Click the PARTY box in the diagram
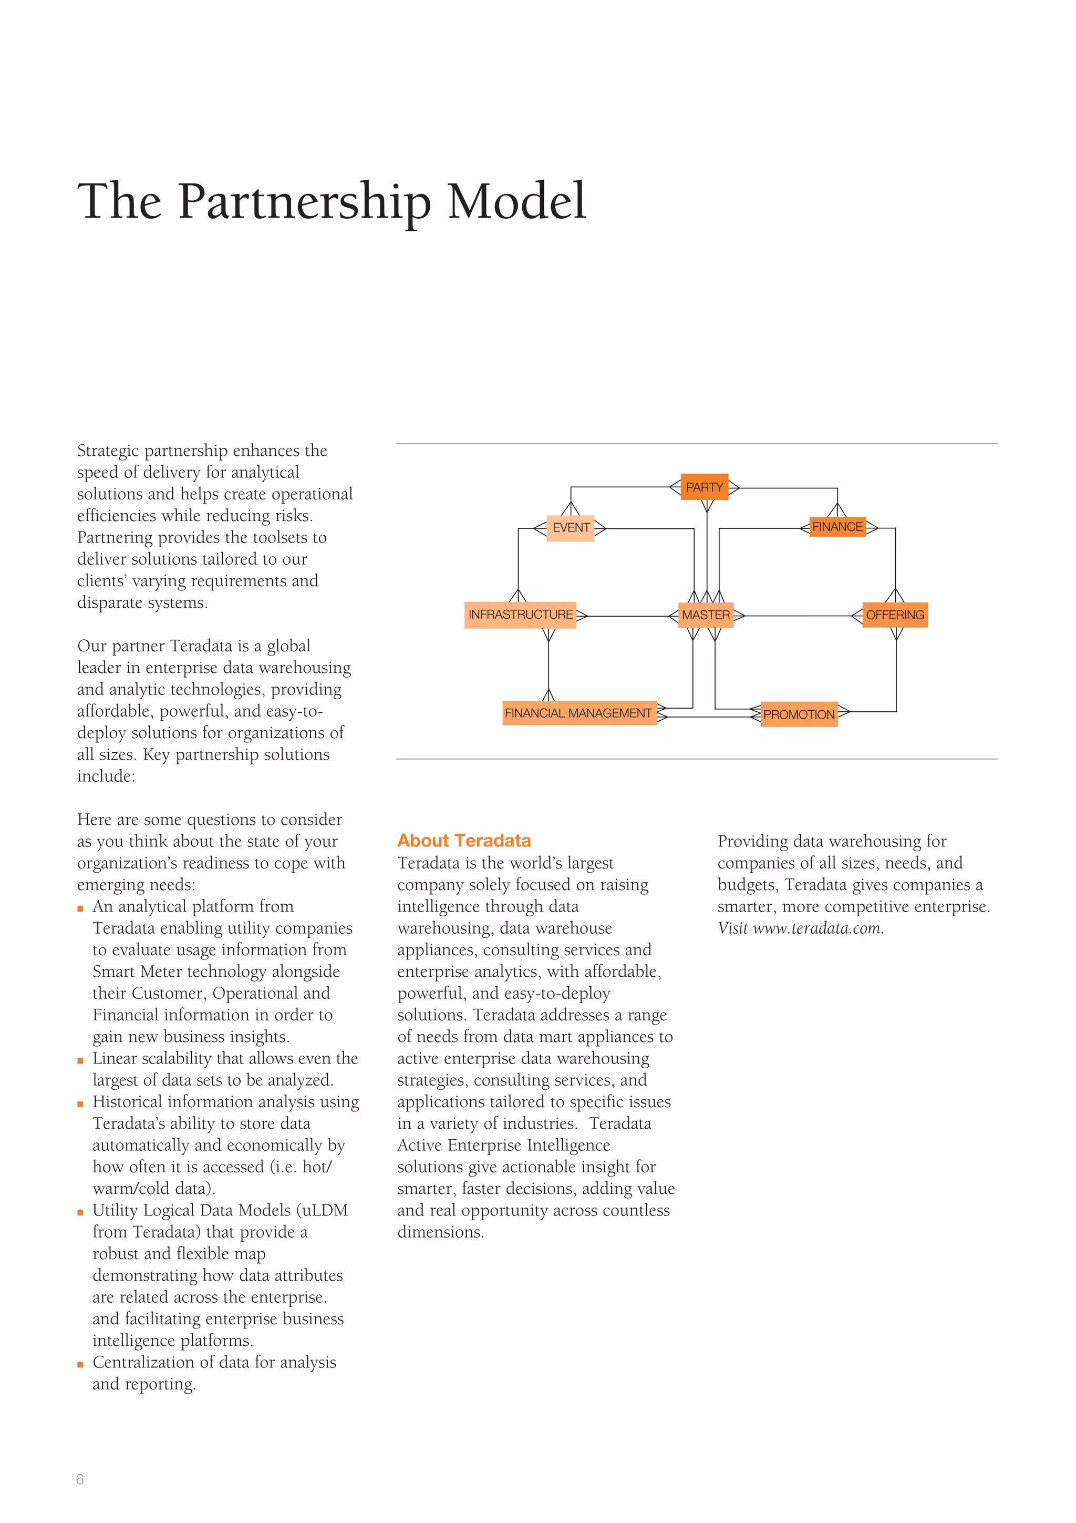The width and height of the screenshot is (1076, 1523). (704, 487)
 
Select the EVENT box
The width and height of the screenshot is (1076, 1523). (570, 528)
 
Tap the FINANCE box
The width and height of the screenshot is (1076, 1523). (837, 527)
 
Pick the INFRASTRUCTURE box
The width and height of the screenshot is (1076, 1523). (521, 615)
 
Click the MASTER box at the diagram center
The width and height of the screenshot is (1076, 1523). (706, 615)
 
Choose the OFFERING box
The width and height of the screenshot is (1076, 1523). (894, 615)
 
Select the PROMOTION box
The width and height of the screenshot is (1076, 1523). (799, 714)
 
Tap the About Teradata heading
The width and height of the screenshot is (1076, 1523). (464, 841)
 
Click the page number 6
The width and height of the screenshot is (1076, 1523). (80, 1478)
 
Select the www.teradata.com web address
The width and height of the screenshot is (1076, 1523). (818, 928)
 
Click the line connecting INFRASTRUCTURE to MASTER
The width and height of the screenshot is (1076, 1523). (626, 616)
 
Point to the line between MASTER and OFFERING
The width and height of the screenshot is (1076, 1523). (795, 616)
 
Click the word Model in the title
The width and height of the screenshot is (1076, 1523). (517, 202)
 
